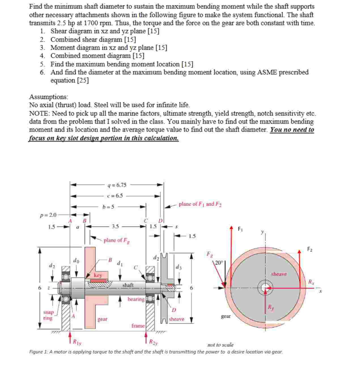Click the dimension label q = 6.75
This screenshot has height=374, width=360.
click(x=117, y=185)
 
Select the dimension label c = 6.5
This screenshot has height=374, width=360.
click(x=115, y=196)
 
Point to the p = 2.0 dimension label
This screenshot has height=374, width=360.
click(x=48, y=215)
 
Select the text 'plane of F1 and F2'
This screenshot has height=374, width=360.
click(x=200, y=204)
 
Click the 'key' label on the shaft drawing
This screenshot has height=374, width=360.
click(x=98, y=275)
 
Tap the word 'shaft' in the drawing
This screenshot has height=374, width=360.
click(x=128, y=285)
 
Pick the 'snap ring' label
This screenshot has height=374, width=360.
click(x=48, y=315)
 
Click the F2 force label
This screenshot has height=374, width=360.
click(x=310, y=249)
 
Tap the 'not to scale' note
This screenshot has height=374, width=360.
click(x=220, y=345)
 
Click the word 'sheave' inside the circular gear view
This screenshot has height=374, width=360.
click(x=279, y=274)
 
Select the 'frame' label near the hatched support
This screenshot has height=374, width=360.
click(x=138, y=326)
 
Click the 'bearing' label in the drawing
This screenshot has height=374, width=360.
click(x=136, y=299)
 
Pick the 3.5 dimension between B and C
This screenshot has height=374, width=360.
click(x=115, y=226)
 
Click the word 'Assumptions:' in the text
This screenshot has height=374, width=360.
click(x=48, y=97)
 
